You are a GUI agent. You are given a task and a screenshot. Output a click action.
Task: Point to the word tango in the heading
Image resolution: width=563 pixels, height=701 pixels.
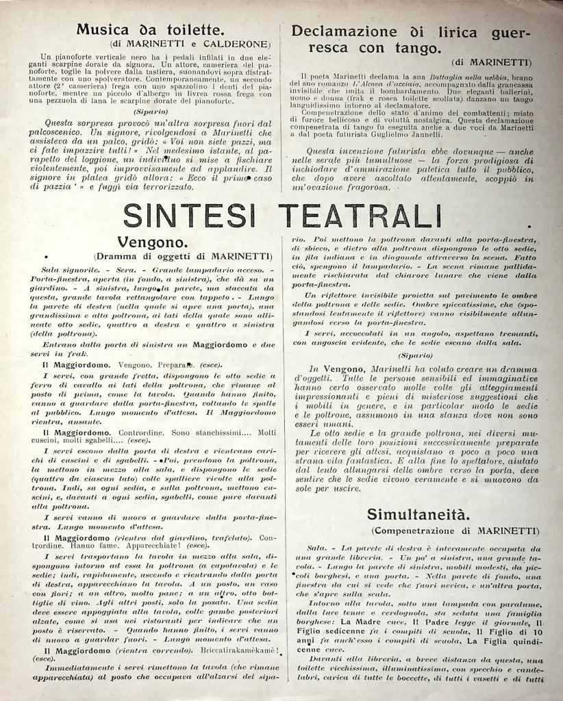413,49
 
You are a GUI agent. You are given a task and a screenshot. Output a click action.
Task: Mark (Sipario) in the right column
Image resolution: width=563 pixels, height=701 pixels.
416,355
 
